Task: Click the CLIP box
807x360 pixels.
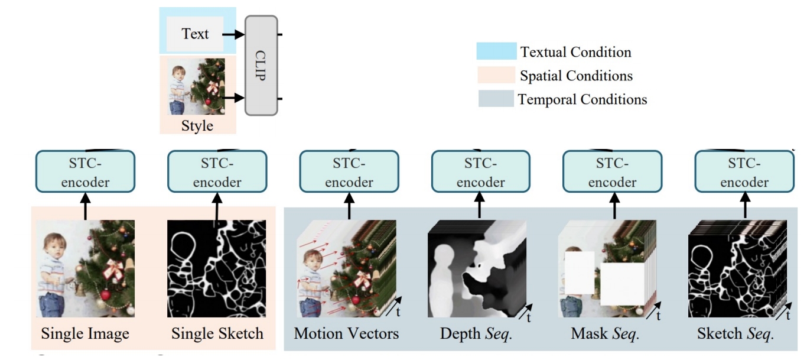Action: click(x=261, y=66)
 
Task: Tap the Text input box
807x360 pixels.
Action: click(x=195, y=34)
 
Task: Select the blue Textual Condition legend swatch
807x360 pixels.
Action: click(x=495, y=51)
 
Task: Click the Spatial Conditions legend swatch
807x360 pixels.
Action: click(x=495, y=75)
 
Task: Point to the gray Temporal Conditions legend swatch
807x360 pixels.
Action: click(x=495, y=99)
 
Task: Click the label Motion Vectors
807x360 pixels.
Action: click(x=346, y=334)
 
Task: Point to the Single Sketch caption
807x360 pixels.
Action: click(x=217, y=334)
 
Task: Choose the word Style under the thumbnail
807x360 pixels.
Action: click(x=197, y=126)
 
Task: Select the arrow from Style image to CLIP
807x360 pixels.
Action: click(x=234, y=97)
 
